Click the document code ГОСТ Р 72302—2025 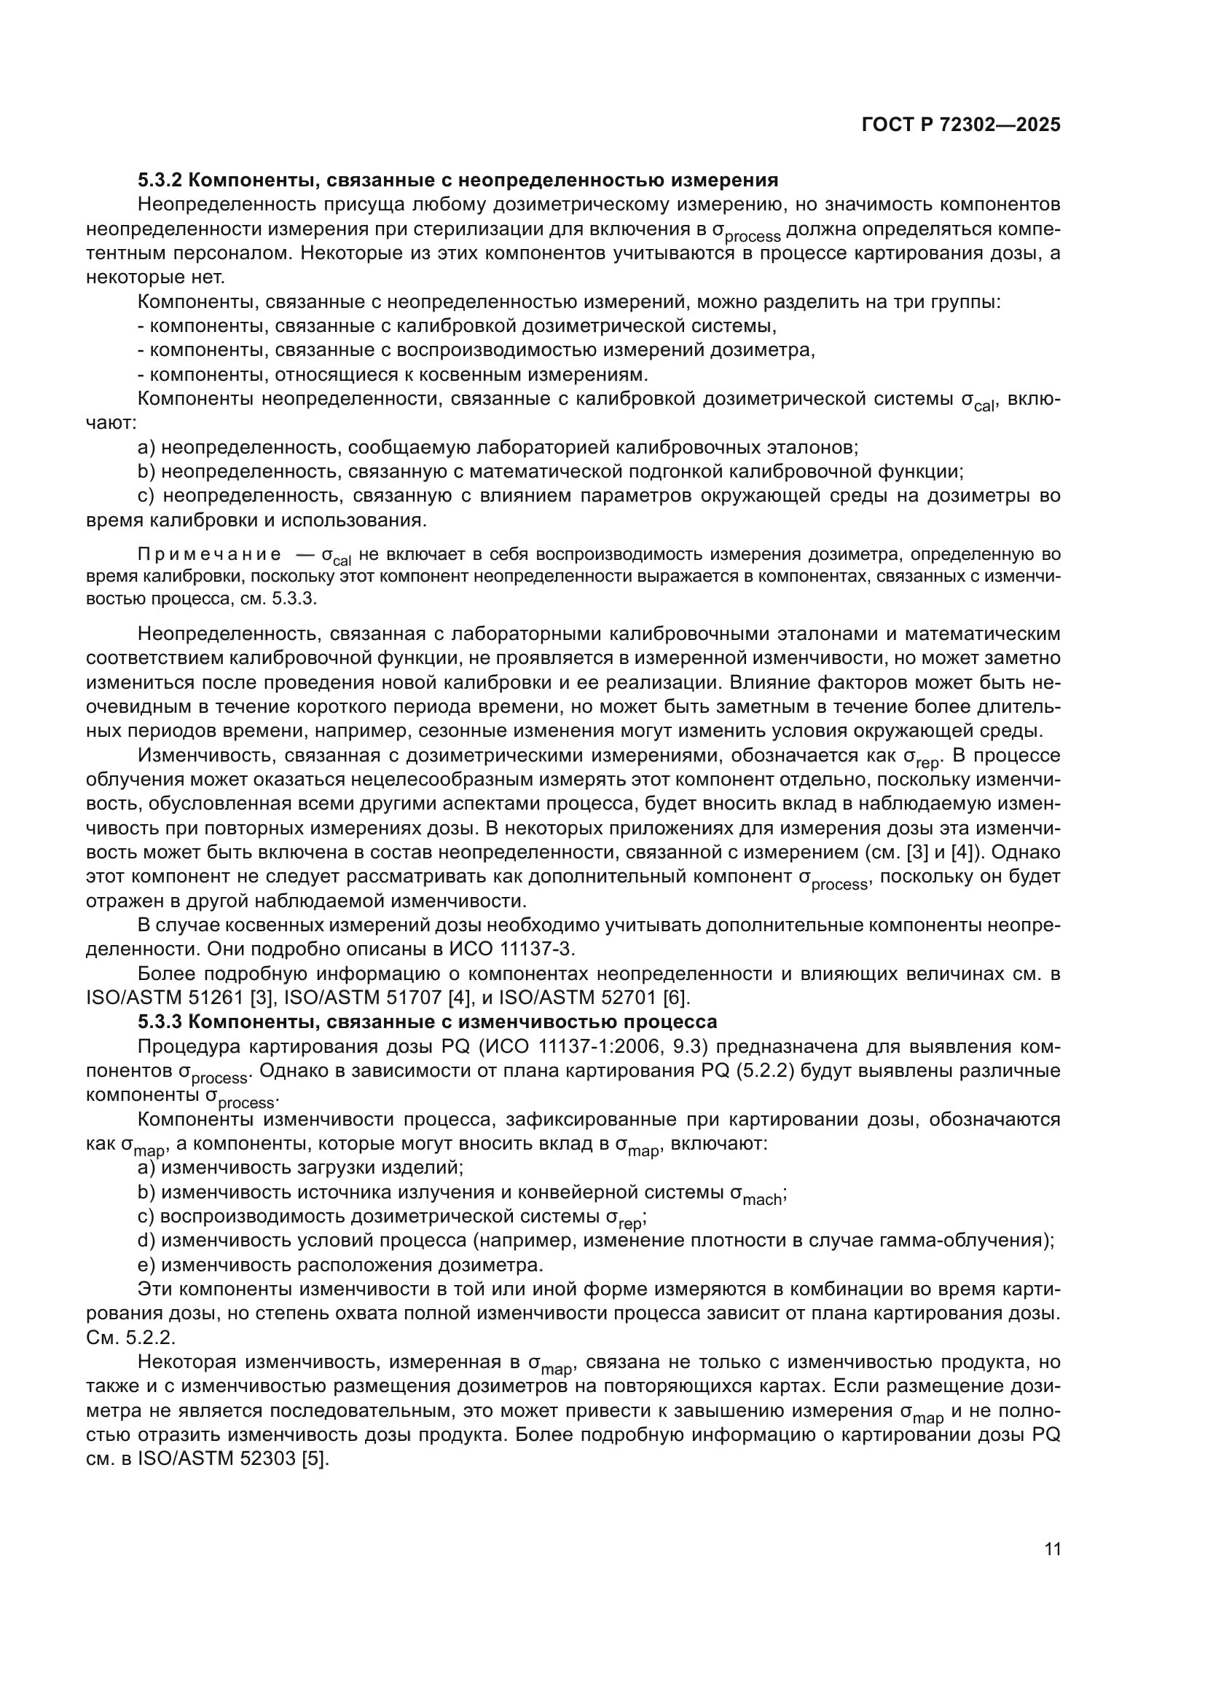[x=961, y=125]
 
